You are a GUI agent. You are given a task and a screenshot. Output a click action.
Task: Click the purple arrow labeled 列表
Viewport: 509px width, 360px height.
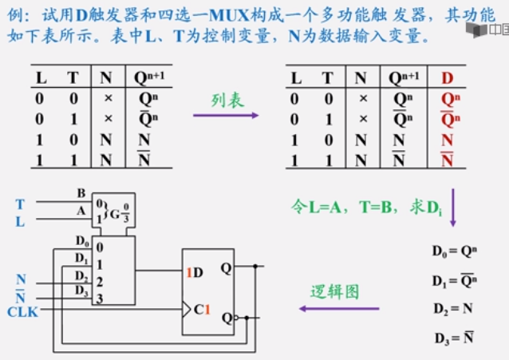(226, 115)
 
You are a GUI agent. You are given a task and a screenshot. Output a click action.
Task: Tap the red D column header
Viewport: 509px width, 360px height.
(446, 78)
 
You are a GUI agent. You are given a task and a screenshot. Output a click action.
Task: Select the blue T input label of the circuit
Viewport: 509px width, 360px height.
(20, 205)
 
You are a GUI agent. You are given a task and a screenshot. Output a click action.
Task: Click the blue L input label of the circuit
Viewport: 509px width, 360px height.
(20, 222)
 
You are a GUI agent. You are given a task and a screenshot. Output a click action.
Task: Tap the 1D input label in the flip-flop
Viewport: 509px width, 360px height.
(195, 271)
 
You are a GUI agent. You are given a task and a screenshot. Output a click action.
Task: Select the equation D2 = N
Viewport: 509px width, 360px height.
(452, 308)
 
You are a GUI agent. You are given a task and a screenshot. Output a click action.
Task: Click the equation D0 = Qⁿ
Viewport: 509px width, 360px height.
(453, 251)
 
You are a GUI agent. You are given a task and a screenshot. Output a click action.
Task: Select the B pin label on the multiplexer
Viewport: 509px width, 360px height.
(81, 193)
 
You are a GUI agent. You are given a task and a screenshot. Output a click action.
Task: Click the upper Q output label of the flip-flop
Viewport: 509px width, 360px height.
(227, 269)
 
